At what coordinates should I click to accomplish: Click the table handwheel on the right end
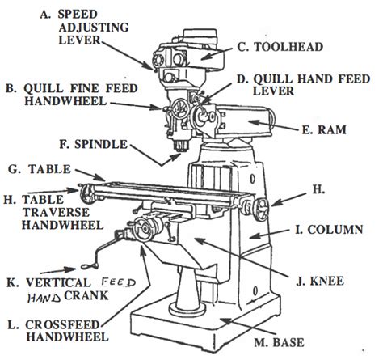[263, 209]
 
